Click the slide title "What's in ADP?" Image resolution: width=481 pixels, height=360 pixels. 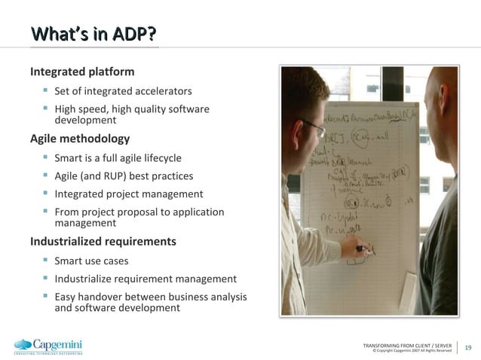[93, 35]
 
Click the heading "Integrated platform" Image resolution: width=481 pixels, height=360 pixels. [82, 72]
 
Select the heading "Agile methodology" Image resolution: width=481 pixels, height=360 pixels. [79, 139]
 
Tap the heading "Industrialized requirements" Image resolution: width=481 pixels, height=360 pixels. [103, 242]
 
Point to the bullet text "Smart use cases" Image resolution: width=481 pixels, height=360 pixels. [91, 261]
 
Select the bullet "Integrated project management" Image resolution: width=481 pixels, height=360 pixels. [128, 194]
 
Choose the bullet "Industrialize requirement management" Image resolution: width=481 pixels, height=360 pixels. [146, 279]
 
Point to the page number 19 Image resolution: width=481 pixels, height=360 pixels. [468, 347]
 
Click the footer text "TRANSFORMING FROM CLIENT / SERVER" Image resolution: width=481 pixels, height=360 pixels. [407, 344]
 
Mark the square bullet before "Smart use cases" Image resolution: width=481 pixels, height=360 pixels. [45, 261]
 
